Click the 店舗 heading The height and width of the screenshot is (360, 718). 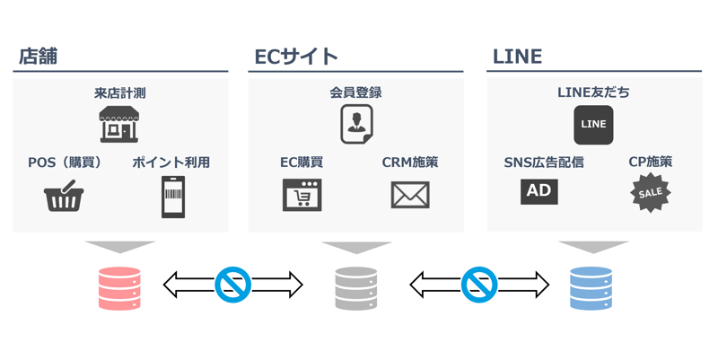click(x=39, y=57)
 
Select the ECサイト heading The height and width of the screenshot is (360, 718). click(x=295, y=57)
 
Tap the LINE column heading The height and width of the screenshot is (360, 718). click(x=517, y=57)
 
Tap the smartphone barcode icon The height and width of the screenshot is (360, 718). click(x=172, y=196)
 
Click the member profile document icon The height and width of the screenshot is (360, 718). click(x=355, y=124)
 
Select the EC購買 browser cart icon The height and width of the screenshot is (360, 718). click(x=302, y=195)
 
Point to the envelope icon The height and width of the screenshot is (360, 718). click(x=410, y=195)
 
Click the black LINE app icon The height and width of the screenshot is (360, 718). click(x=593, y=125)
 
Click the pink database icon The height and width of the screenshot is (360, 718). click(x=119, y=287)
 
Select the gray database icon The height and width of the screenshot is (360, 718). click(x=355, y=287)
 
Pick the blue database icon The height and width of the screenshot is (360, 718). click(x=592, y=287)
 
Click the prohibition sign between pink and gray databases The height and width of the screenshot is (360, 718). click(x=232, y=285)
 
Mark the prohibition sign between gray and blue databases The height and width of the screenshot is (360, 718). click(x=478, y=285)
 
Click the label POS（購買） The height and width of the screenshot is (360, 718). click(x=65, y=162)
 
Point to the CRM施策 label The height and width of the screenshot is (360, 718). click(x=410, y=162)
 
